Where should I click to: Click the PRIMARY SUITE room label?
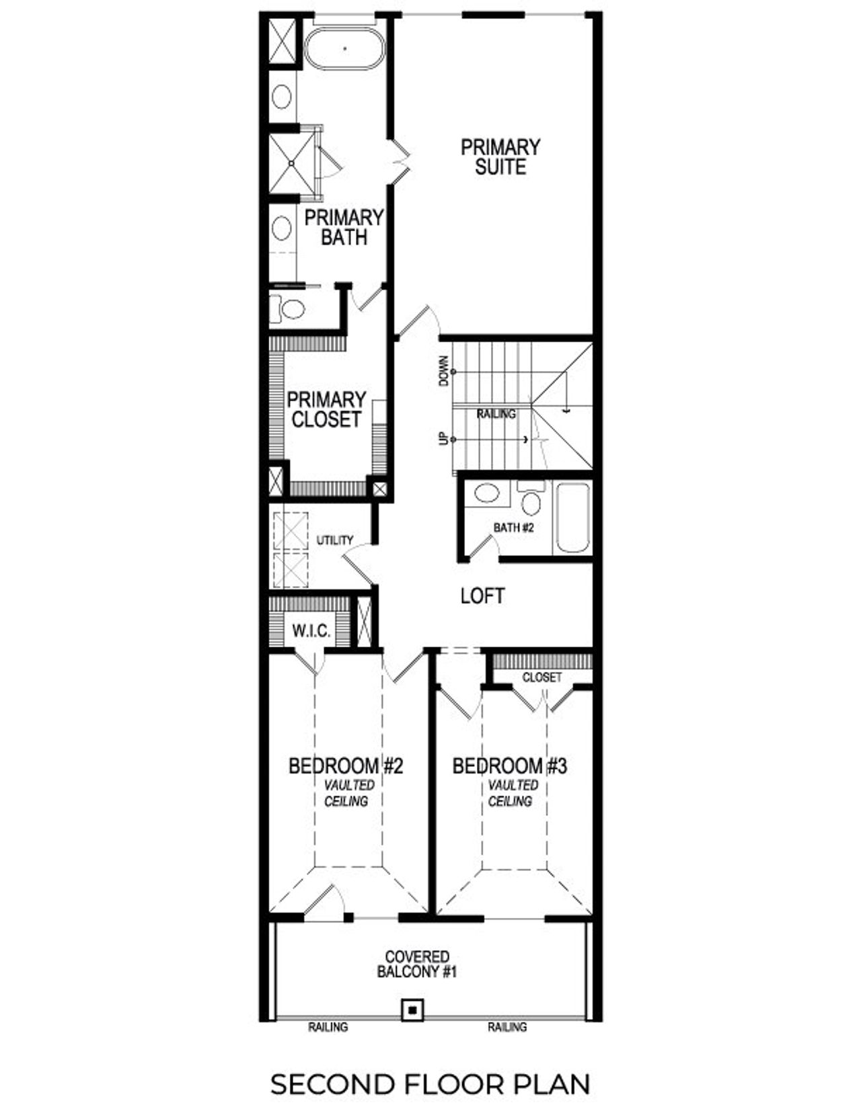tap(500, 157)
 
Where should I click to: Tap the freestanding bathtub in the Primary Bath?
tap(345, 48)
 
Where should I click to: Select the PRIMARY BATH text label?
tap(344, 227)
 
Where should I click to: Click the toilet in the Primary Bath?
tap(289, 310)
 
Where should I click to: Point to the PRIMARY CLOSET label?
tap(326, 409)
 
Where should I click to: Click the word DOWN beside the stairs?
tap(443, 370)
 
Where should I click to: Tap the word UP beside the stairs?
tap(443, 439)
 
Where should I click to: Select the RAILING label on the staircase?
tap(496, 414)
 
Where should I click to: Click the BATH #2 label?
tap(513, 528)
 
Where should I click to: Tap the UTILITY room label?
tap(335, 540)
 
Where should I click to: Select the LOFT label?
tap(482, 595)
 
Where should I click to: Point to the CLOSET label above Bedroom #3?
tap(541, 677)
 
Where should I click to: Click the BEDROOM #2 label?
tap(346, 766)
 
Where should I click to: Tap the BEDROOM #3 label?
tap(509, 766)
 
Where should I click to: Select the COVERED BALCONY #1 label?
tap(417, 964)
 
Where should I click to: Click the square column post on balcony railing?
tap(412, 1009)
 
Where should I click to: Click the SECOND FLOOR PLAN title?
tap(430, 1083)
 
